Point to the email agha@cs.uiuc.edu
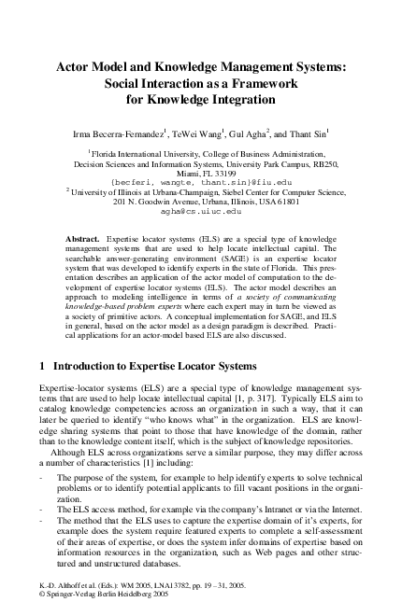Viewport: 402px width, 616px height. pos(201,213)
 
